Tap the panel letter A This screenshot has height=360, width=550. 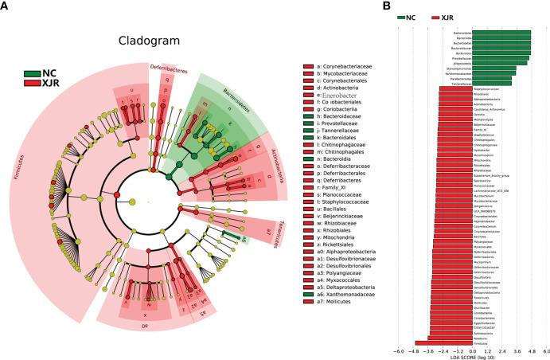[x=6, y=6]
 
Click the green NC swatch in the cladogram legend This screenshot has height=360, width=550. [x=31, y=74]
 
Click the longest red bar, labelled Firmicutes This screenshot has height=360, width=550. [x=434, y=342]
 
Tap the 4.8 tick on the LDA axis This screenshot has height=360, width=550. [x=531, y=351]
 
